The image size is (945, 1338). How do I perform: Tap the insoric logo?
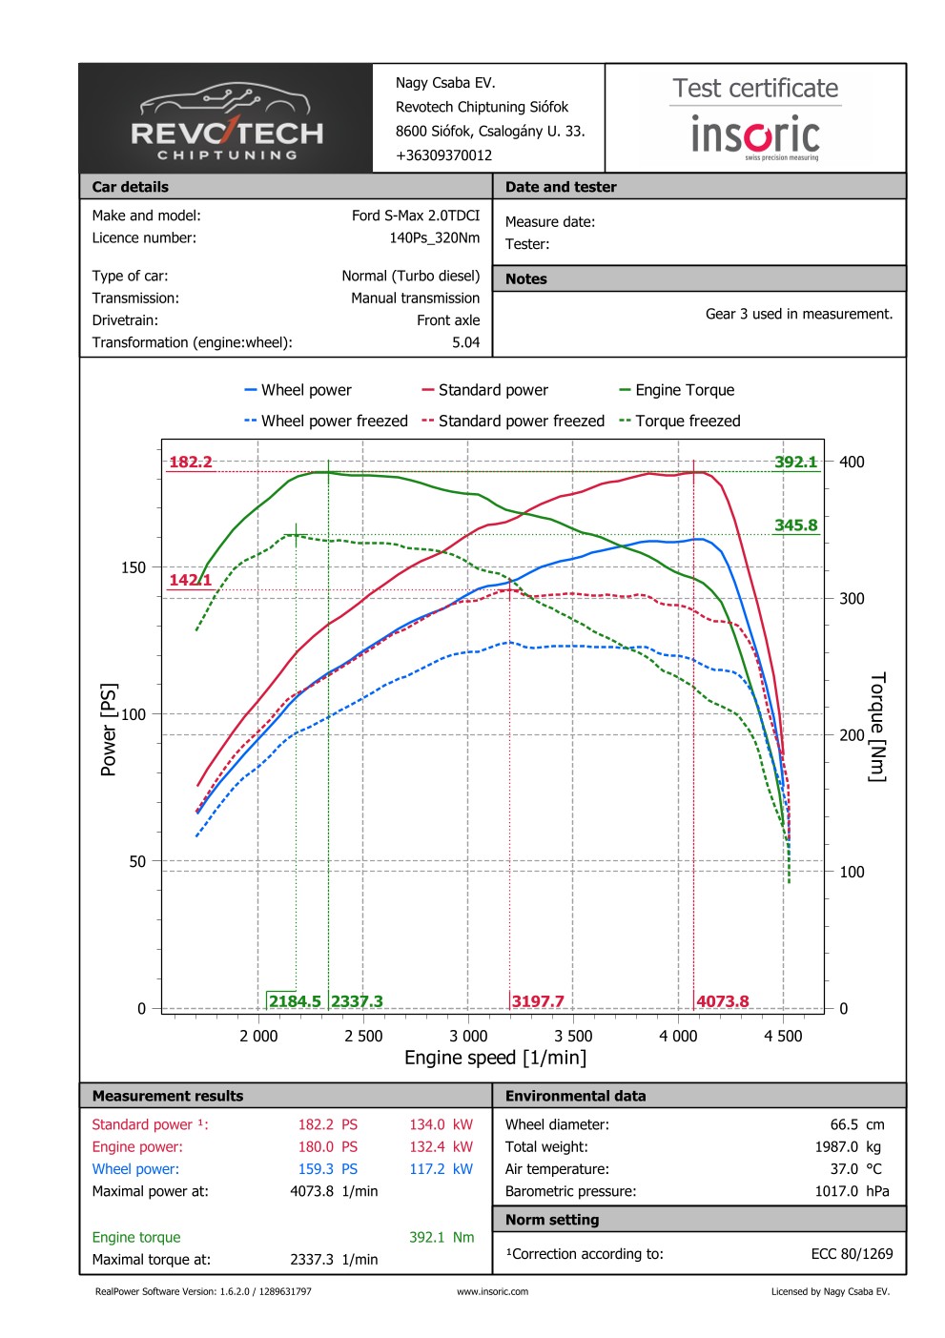click(x=755, y=135)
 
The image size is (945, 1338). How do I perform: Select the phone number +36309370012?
click(x=443, y=155)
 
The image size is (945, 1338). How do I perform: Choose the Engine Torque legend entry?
click(x=684, y=390)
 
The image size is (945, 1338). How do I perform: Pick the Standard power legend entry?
click(x=492, y=390)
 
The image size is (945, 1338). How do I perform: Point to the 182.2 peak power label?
click(x=191, y=463)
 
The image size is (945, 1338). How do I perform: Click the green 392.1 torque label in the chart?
click(x=795, y=463)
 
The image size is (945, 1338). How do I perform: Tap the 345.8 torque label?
click(x=795, y=525)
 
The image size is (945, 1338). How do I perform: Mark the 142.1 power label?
click(x=190, y=580)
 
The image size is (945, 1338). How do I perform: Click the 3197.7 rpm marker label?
click(x=538, y=1001)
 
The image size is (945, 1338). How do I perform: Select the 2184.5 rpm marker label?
click(x=295, y=1001)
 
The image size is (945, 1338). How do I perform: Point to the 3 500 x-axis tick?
click(x=573, y=1037)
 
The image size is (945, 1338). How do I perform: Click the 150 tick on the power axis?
click(x=134, y=567)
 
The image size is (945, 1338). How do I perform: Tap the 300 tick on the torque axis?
click(x=852, y=599)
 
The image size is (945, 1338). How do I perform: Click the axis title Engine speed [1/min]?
click(x=495, y=1058)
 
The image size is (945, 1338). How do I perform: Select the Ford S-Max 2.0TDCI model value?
click(x=416, y=216)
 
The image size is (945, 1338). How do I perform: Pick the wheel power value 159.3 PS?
click(x=327, y=1169)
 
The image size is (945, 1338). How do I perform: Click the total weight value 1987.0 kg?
click(x=847, y=1147)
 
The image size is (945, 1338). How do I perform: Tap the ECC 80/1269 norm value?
click(x=852, y=1254)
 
